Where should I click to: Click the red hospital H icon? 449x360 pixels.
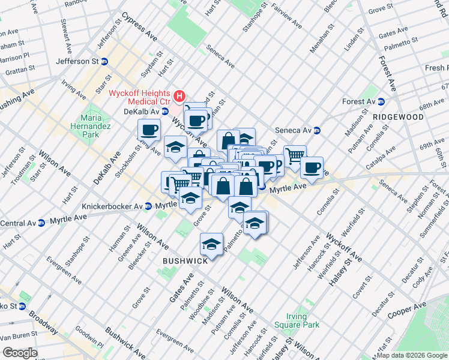point(179,95)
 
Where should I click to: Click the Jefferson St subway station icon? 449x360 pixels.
point(104,61)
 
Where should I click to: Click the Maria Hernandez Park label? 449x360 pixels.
point(91,127)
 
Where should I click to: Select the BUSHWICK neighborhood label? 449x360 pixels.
point(185,260)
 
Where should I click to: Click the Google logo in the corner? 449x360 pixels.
point(20,353)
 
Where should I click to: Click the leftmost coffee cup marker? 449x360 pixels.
point(149,128)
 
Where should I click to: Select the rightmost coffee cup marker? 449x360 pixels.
point(312,167)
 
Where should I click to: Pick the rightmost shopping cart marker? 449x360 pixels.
point(295,155)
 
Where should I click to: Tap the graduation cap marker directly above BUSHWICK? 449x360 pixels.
point(211,244)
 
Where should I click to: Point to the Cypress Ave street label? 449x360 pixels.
point(139,28)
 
